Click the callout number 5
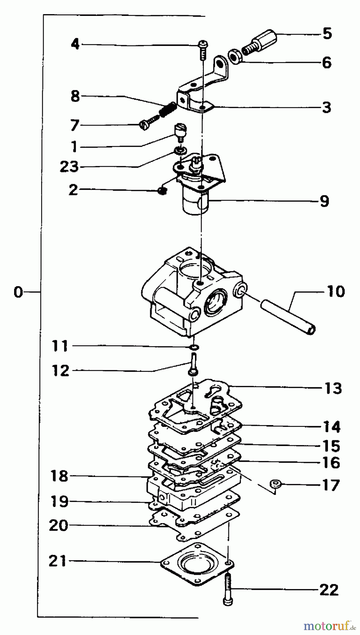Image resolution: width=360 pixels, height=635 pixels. coord(327,34)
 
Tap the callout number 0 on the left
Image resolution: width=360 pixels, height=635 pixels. coord(18,292)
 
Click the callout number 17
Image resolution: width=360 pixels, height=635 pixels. coord(331,485)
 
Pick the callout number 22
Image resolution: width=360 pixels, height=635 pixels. coord(329,590)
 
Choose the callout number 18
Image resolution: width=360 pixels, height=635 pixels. coord(59,476)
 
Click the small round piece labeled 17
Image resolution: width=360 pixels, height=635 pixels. coord(275,484)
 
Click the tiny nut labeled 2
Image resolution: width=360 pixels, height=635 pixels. coord(162,191)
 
